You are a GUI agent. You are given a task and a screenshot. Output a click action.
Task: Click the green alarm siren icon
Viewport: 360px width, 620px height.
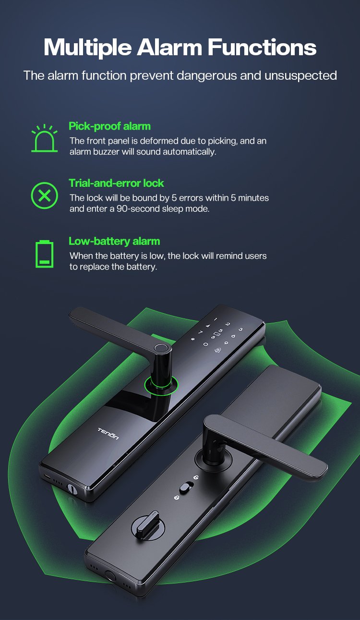coord(44,138)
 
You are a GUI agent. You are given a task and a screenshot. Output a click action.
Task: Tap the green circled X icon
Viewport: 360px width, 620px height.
coord(44,195)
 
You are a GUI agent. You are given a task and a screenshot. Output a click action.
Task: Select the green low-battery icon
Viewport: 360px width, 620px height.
coord(44,254)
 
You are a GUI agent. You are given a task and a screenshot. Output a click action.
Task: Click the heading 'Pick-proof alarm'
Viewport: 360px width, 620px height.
coord(109,126)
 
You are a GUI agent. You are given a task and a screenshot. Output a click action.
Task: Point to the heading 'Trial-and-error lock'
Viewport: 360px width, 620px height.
coord(116,183)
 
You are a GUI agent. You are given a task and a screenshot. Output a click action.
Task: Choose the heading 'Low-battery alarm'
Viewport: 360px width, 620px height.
coord(114,241)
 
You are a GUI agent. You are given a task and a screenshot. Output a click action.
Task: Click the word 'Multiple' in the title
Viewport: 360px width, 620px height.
coord(87,48)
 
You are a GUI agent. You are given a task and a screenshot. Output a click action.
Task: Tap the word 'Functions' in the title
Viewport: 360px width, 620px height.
coord(262,47)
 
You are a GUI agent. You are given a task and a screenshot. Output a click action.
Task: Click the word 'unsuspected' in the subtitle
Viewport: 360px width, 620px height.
coord(300,75)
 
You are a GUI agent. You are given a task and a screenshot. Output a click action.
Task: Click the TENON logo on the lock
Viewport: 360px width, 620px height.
coord(108,434)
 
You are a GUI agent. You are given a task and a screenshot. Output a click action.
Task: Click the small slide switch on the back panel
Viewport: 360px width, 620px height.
coord(187,487)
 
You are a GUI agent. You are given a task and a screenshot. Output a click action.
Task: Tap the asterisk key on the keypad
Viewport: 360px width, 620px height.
coord(193,339)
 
